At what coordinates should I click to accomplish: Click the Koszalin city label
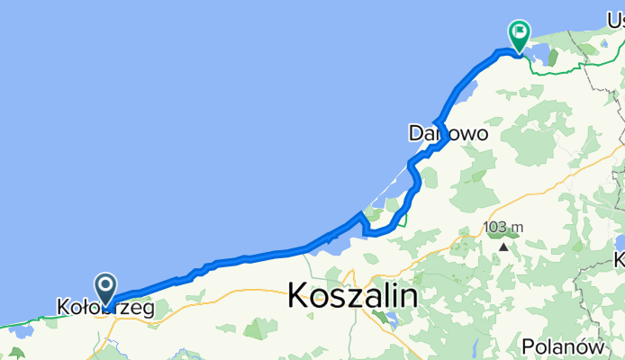point(353,296)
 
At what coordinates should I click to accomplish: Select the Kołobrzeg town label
point(104,308)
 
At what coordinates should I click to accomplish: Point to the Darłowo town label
point(448,133)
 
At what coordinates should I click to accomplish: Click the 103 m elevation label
point(503,227)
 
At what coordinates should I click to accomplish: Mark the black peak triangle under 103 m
point(503,245)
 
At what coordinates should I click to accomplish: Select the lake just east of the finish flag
point(550,62)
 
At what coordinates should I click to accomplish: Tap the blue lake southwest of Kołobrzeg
point(20,330)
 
